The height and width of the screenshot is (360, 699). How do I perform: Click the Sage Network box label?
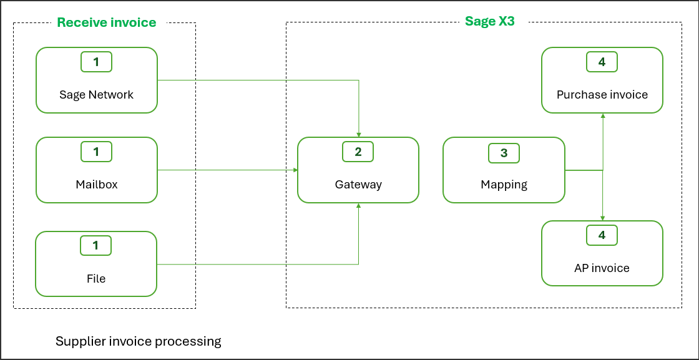tap(96, 95)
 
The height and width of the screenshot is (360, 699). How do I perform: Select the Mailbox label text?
tap(96, 185)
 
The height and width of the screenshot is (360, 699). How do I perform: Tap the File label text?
tap(96, 278)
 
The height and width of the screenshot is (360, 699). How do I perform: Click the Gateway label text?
tap(358, 185)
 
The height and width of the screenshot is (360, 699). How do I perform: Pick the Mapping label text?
tap(504, 185)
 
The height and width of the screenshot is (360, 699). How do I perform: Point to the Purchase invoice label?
tap(602, 95)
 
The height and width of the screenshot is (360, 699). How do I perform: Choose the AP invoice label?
tap(602, 268)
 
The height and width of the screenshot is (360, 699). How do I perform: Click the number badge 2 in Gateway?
tap(358, 152)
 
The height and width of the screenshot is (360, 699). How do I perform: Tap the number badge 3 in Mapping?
tap(504, 153)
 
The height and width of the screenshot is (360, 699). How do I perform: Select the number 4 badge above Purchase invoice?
tap(602, 62)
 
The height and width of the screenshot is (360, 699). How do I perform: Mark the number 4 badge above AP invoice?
tap(602, 235)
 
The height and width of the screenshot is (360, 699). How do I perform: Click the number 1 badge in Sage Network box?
tap(96, 62)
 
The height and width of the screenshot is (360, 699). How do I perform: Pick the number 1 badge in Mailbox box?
tap(96, 152)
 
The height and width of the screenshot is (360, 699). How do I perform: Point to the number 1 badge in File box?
tap(96, 245)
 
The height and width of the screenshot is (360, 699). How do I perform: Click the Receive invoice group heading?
tap(106, 23)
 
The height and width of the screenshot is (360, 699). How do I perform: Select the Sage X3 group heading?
tap(489, 21)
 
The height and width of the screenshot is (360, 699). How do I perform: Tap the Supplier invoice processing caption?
tap(139, 341)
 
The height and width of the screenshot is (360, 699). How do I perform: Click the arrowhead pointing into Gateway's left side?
tap(295, 170)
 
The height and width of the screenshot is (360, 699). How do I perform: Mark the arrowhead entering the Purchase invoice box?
tap(602, 116)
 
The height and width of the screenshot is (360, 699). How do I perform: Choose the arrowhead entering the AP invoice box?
tap(602, 218)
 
